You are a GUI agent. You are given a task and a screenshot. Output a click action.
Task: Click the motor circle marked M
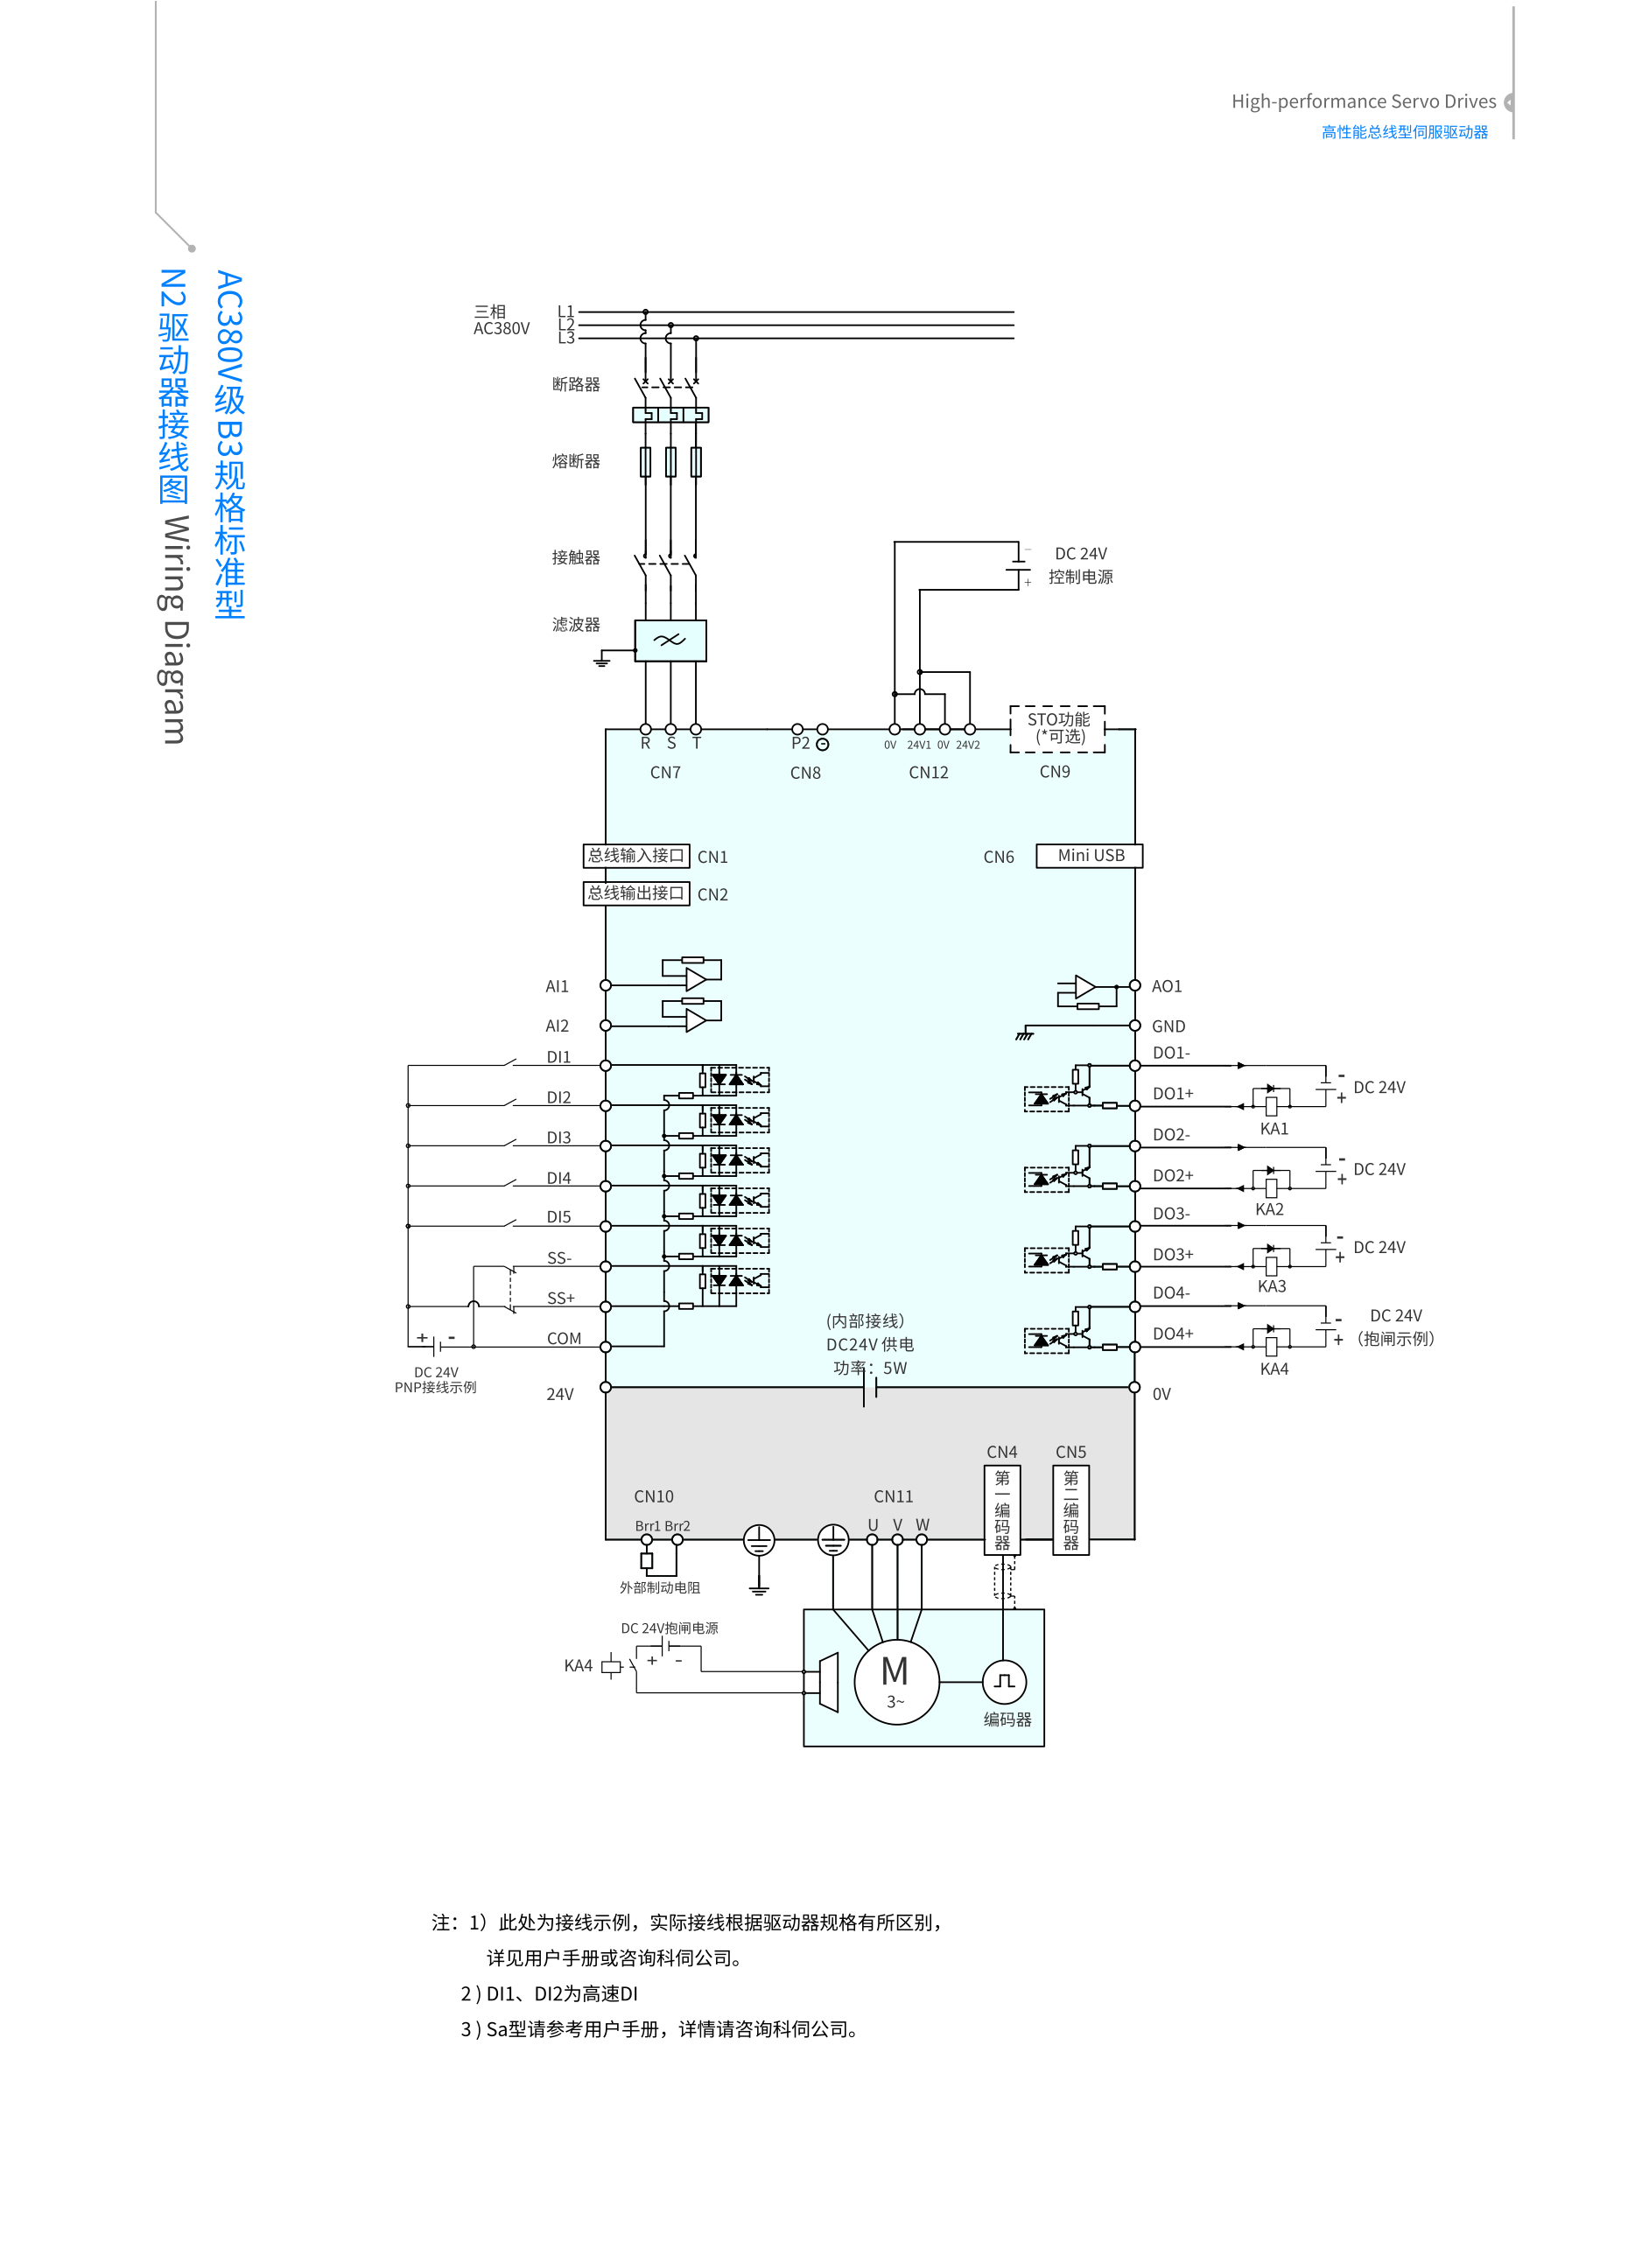895,1680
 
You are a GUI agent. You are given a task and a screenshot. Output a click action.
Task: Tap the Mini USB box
1090,856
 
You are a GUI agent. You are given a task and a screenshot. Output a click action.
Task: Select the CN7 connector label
665,772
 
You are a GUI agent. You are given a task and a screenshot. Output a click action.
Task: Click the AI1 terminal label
557,986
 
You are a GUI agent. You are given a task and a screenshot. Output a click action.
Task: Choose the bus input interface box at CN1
636,856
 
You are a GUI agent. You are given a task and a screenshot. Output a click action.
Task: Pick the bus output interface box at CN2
636,893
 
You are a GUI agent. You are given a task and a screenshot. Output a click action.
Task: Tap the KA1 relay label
1274,1129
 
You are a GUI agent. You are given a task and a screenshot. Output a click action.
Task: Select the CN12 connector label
929,772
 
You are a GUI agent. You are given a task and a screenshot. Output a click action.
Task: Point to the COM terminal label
564,1339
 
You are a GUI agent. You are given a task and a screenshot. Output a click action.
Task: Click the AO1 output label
1167,986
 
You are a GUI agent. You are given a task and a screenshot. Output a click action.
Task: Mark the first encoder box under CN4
1002,1509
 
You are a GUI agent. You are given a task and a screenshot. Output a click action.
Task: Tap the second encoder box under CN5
1070,1509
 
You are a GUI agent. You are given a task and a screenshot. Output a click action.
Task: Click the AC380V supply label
501,328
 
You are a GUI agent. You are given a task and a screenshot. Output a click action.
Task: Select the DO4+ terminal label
1173,1334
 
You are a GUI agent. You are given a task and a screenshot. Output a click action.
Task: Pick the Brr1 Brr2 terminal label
662,1525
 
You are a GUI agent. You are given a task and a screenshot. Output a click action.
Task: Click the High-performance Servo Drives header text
1363,102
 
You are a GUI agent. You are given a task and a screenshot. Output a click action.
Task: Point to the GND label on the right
1168,1026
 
